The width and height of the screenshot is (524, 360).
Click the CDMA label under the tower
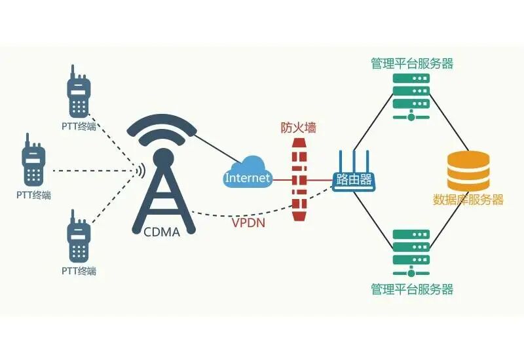click(161, 230)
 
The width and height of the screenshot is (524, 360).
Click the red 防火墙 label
click(299, 128)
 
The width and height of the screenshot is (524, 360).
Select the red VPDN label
click(248, 223)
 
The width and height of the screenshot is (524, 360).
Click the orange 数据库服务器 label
click(468, 200)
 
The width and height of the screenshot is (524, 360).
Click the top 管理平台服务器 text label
click(411, 63)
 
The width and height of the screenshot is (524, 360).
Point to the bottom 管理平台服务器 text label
click(411, 289)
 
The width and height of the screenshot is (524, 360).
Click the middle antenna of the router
click(354, 160)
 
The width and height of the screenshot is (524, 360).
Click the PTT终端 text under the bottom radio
click(79, 270)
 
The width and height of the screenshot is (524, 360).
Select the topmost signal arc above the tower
click(162, 121)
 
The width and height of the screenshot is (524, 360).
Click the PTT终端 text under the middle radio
click(33, 195)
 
